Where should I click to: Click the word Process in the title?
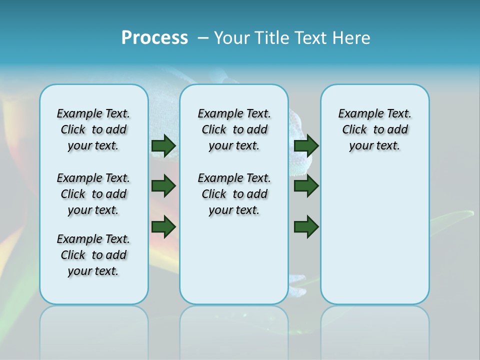pyautogui.click(x=154, y=37)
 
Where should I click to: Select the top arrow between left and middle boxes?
pyautogui.click(x=163, y=145)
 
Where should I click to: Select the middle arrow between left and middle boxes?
pyautogui.click(x=163, y=186)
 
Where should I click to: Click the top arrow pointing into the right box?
pyautogui.click(x=306, y=145)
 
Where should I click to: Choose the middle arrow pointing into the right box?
pyautogui.click(x=306, y=186)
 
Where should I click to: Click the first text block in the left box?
pyautogui.click(x=93, y=129)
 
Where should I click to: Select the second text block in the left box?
pyautogui.click(x=93, y=194)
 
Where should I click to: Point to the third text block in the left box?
pyautogui.click(x=93, y=255)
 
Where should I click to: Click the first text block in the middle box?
pyautogui.click(x=234, y=129)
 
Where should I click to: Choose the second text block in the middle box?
pyautogui.click(x=234, y=194)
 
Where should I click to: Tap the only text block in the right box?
pyautogui.click(x=374, y=129)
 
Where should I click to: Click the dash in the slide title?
pyautogui.click(x=203, y=38)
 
